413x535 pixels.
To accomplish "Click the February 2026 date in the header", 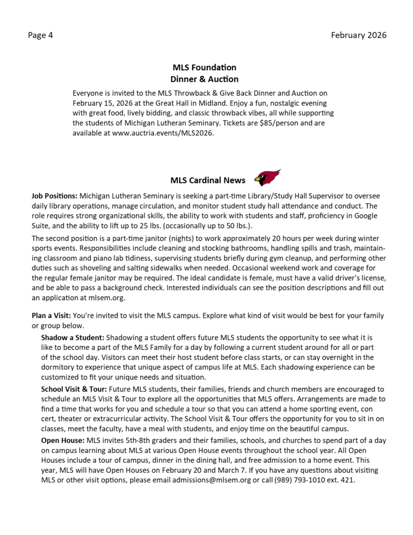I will point(359,36).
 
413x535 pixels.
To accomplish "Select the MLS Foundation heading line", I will point(204,67).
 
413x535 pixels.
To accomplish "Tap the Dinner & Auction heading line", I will point(204,79).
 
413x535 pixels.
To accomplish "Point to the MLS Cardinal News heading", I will point(208,181).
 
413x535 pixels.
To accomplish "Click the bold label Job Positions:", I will point(55,196).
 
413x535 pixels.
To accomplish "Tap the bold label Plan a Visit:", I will point(51,316).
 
